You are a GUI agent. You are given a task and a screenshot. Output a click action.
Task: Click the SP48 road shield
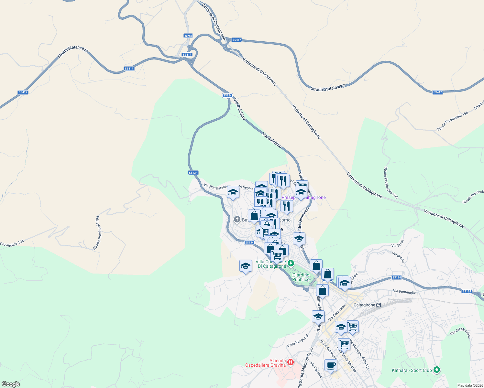[x=188, y=36]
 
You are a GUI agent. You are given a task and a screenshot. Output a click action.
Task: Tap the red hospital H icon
[x=291, y=362]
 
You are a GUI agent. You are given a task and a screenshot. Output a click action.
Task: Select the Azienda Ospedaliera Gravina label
[x=265, y=363]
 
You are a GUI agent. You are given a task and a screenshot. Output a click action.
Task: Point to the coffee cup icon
[x=330, y=365]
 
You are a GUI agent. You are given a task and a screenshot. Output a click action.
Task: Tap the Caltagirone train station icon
[x=379, y=305]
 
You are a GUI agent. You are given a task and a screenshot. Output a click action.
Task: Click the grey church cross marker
[x=237, y=220]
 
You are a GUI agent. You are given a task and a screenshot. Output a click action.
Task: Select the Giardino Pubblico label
[x=301, y=277]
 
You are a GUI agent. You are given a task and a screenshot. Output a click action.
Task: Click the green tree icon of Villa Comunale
[x=291, y=264]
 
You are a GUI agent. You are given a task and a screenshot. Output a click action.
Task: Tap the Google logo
[x=11, y=384]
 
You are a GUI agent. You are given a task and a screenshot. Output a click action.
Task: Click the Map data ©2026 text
[x=470, y=385]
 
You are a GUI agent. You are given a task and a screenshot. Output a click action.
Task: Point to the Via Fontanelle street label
[x=404, y=292]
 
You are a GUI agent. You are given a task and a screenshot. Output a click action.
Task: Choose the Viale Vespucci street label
[x=298, y=341]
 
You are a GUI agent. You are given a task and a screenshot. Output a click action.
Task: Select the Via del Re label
[x=399, y=257]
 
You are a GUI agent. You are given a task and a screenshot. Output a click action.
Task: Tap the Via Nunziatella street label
[x=215, y=187]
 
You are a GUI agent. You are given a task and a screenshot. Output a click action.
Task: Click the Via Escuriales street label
[x=337, y=312]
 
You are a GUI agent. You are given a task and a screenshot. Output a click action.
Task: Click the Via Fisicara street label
[x=316, y=370]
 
